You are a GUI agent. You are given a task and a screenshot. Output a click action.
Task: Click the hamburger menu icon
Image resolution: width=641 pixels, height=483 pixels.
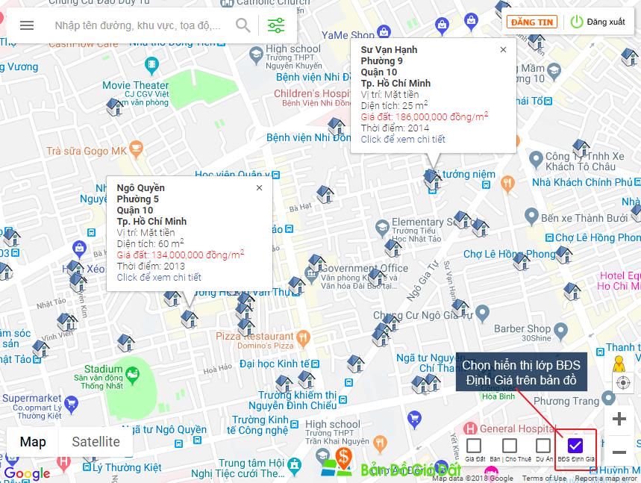(27, 25)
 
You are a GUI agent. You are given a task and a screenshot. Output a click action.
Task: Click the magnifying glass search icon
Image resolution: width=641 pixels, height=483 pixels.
(243, 25)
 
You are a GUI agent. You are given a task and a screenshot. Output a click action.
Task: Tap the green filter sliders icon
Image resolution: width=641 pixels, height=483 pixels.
(276, 25)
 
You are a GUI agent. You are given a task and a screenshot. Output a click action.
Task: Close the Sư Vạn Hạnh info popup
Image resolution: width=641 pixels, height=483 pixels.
(503, 50)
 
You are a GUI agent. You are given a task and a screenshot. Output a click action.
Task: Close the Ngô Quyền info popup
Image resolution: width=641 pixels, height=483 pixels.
(259, 188)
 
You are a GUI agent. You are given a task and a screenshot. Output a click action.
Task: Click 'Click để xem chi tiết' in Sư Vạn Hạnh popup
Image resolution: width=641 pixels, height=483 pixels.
(403, 140)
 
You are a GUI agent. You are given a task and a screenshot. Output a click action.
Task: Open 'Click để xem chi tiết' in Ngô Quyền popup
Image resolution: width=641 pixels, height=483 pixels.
(159, 278)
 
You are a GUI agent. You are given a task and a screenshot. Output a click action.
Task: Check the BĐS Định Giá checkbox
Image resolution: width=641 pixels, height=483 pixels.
(575, 446)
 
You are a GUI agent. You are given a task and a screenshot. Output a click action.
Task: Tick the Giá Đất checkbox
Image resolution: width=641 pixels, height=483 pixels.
(474, 446)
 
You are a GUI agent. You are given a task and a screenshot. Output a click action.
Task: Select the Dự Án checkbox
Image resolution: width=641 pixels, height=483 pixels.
(543, 446)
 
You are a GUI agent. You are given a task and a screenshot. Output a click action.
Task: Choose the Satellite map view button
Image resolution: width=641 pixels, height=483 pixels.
(96, 442)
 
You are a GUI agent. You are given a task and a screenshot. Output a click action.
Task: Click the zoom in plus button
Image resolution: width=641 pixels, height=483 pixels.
(619, 420)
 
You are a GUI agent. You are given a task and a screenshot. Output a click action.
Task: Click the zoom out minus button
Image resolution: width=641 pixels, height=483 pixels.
(619, 452)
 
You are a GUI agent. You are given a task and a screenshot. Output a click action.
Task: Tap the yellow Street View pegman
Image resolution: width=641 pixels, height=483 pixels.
(619, 364)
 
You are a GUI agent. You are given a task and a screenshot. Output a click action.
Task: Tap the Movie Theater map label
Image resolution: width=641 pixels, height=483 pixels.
(136, 86)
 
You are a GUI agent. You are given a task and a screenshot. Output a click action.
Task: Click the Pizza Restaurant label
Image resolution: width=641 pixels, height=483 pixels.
(254, 337)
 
